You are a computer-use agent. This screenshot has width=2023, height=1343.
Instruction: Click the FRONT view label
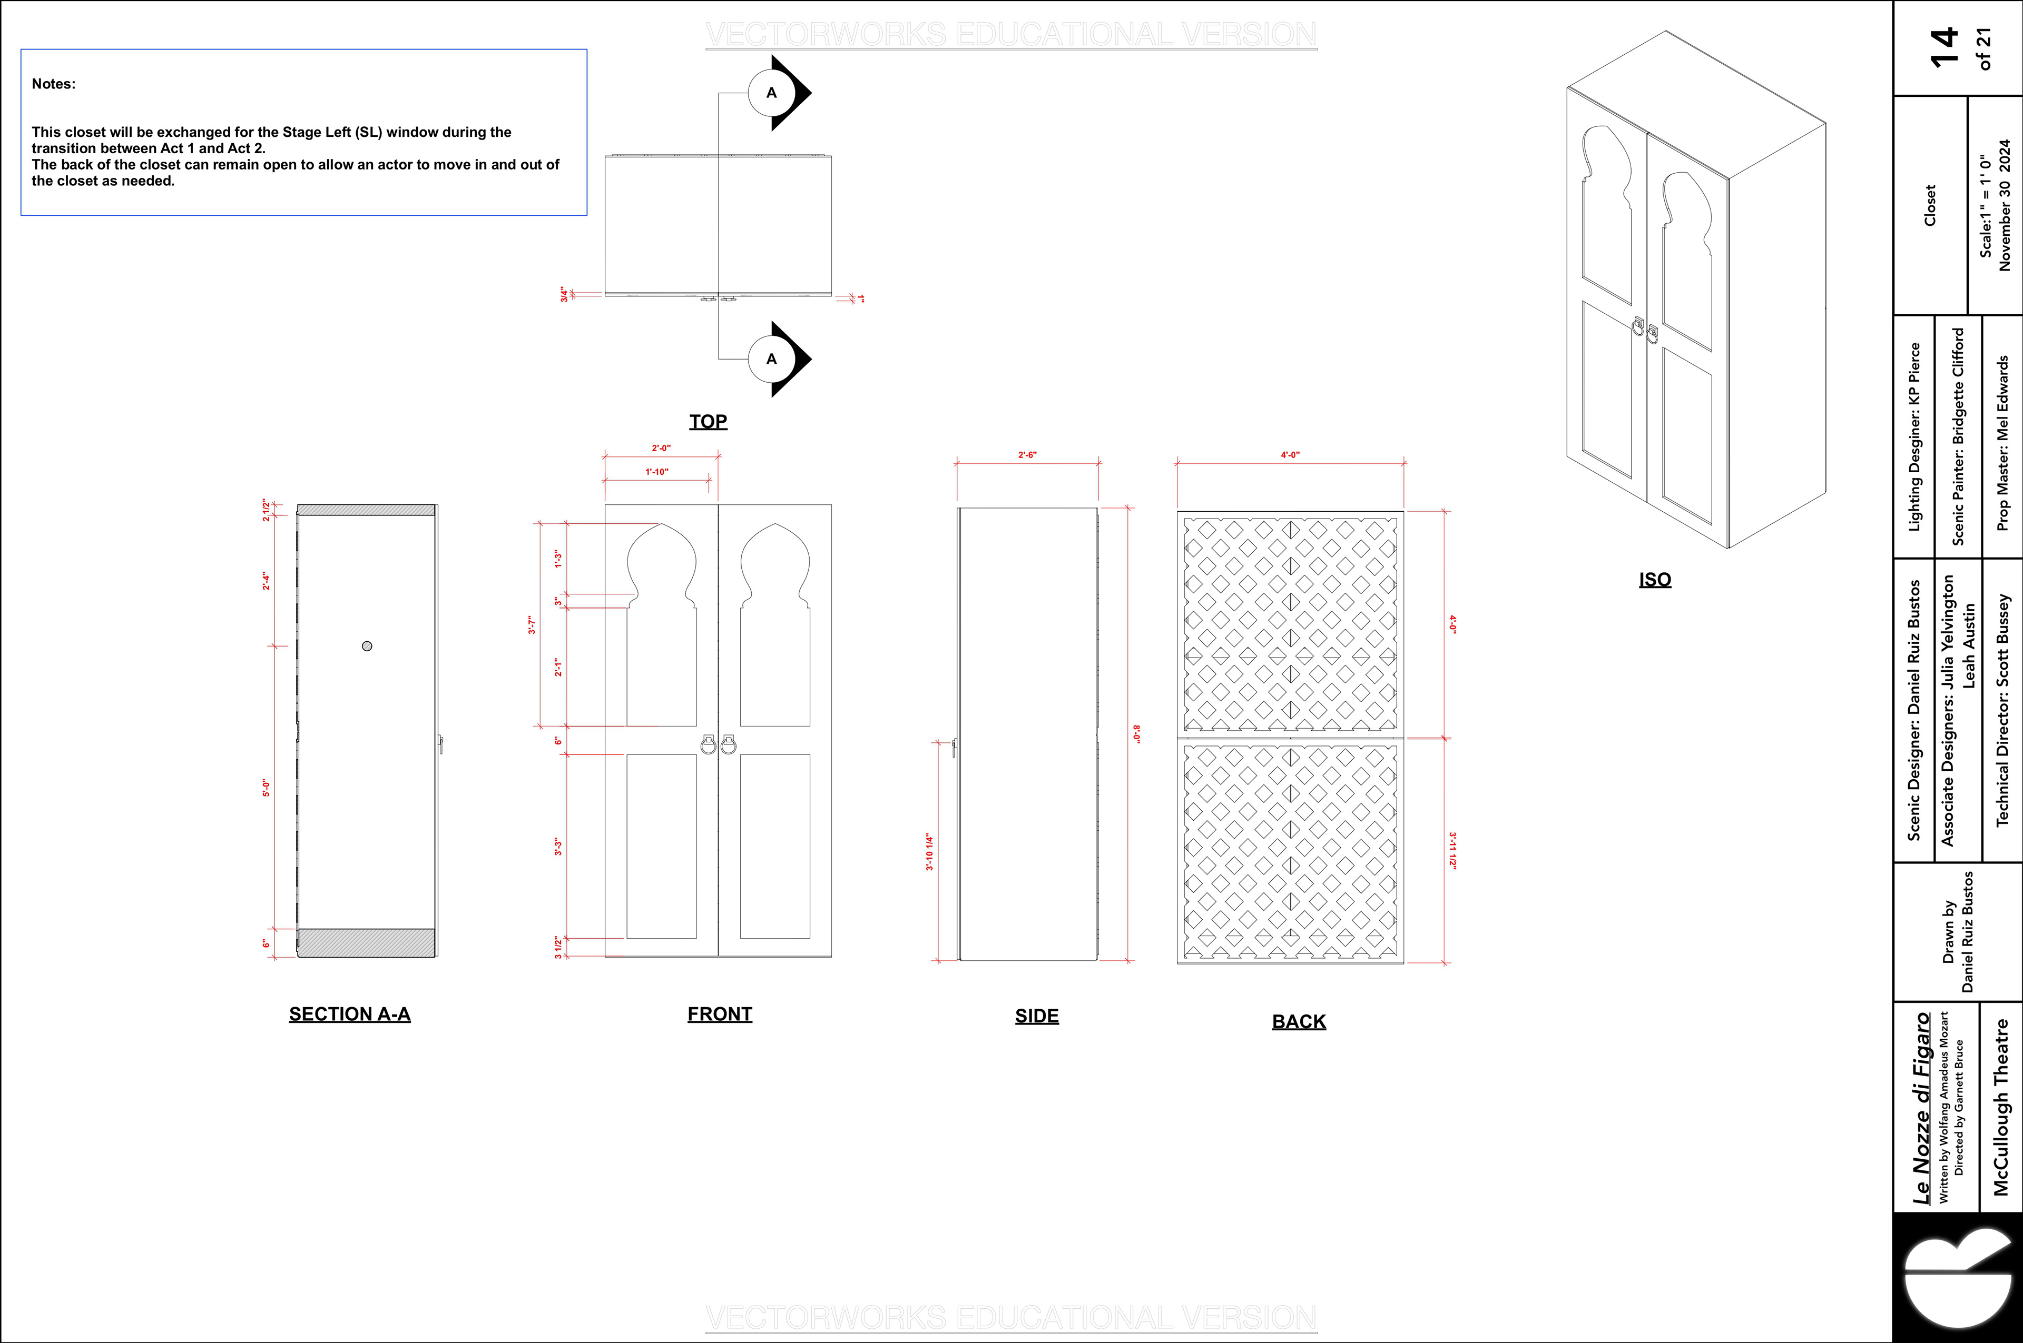pyautogui.click(x=720, y=1014)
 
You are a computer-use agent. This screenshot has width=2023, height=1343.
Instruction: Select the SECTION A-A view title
pyautogui.click(x=350, y=1014)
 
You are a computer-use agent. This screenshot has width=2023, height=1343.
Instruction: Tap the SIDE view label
pyautogui.click(x=1037, y=1016)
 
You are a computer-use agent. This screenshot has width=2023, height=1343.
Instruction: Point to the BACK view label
pyautogui.click(x=1299, y=1022)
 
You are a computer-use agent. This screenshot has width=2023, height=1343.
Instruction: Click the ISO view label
pyautogui.click(x=1655, y=580)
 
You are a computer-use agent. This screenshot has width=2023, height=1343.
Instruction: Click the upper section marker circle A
pyautogui.click(x=771, y=93)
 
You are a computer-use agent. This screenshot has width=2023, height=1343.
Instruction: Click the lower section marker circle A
pyautogui.click(x=771, y=359)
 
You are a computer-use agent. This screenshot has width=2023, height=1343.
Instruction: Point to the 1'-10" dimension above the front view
pyautogui.click(x=656, y=472)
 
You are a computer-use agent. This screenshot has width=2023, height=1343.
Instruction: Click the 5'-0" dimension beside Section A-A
pyautogui.click(x=266, y=788)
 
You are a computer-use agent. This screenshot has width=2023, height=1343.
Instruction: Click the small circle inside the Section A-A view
pyautogui.click(x=367, y=646)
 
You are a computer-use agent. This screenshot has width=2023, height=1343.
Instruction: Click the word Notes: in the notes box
pyautogui.click(x=53, y=84)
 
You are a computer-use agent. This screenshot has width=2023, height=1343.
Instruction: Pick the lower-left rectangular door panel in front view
pyautogui.click(x=662, y=846)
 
